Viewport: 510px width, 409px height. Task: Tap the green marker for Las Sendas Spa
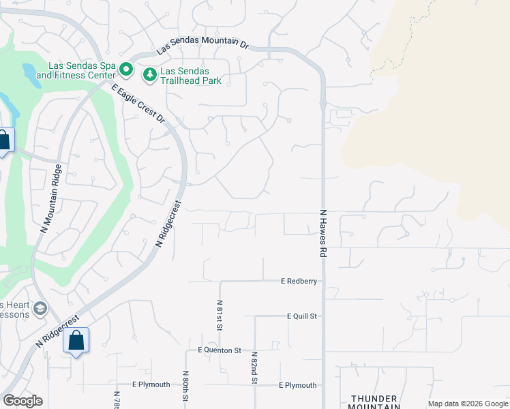click(125, 69)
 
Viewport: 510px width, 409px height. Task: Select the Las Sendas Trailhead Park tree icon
click(149, 74)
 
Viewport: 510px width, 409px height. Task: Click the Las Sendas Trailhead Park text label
click(191, 75)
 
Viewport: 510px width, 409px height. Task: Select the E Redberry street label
click(299, 281)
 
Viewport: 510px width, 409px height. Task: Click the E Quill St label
click(303, 316)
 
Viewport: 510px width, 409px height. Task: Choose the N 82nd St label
click(254, 368)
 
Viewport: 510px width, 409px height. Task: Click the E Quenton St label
click(220, 350)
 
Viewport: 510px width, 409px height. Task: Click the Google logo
click(22, 401)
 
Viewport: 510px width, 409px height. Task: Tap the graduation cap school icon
click(40, 309)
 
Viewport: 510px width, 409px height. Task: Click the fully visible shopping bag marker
click(76, 340)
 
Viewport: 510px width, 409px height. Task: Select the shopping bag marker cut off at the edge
click(4, 141)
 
